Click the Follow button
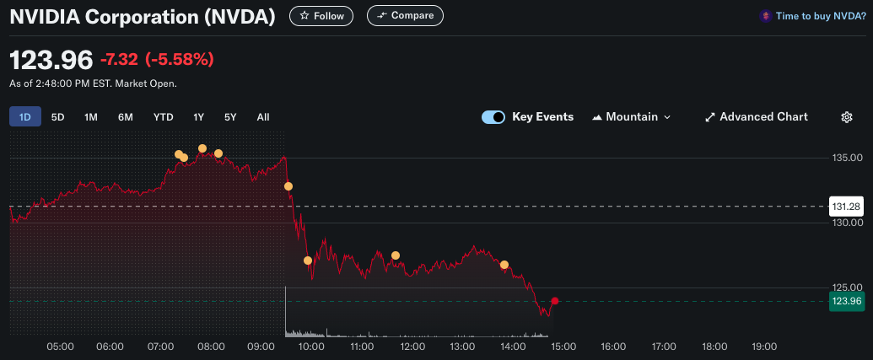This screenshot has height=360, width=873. pos(321,16)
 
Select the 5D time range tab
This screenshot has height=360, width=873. pos(58,117)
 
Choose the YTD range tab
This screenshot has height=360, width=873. pos(164,117)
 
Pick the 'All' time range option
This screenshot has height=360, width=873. pos(263,117)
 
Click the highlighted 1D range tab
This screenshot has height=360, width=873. pos(25,117)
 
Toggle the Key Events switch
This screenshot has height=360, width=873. pos(493,117)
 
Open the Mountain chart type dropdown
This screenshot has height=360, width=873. pos(632,117)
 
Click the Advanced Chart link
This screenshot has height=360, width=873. pos(756,117)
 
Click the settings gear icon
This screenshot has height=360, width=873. pos(847,117)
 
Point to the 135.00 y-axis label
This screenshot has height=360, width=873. pos(847,158)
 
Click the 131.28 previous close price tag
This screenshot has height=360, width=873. pos(846,207)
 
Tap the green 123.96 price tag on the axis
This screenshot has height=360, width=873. pos(846,301)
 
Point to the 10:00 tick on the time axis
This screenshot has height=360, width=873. pos(311,347)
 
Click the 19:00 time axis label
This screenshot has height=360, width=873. pos(764,347)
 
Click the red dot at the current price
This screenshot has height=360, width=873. pos(554,301)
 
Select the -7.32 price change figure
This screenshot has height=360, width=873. pos(119,60)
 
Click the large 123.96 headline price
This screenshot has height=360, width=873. pos(51,60)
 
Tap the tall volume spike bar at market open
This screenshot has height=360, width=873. pos(286,311)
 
